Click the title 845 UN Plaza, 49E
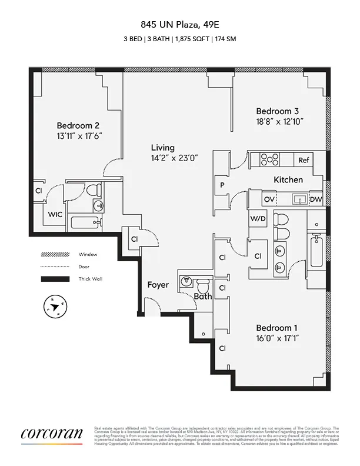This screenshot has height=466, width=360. point(179,25)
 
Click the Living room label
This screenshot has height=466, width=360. point(162,147)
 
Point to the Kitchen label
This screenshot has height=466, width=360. point(288,179)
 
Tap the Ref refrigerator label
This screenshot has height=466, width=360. point(304,160)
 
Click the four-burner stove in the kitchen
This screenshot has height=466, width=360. point(269,159)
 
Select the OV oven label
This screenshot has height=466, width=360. point(269,200)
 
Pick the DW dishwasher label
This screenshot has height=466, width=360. point(315,200)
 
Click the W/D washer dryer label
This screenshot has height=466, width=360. point(258,219)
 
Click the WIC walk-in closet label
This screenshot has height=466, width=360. point(55,215)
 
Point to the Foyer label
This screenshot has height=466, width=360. point(158,285)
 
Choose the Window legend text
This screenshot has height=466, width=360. point(88,255)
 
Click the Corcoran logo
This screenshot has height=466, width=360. point(52,435)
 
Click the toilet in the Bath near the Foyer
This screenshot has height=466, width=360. point(204,287)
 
